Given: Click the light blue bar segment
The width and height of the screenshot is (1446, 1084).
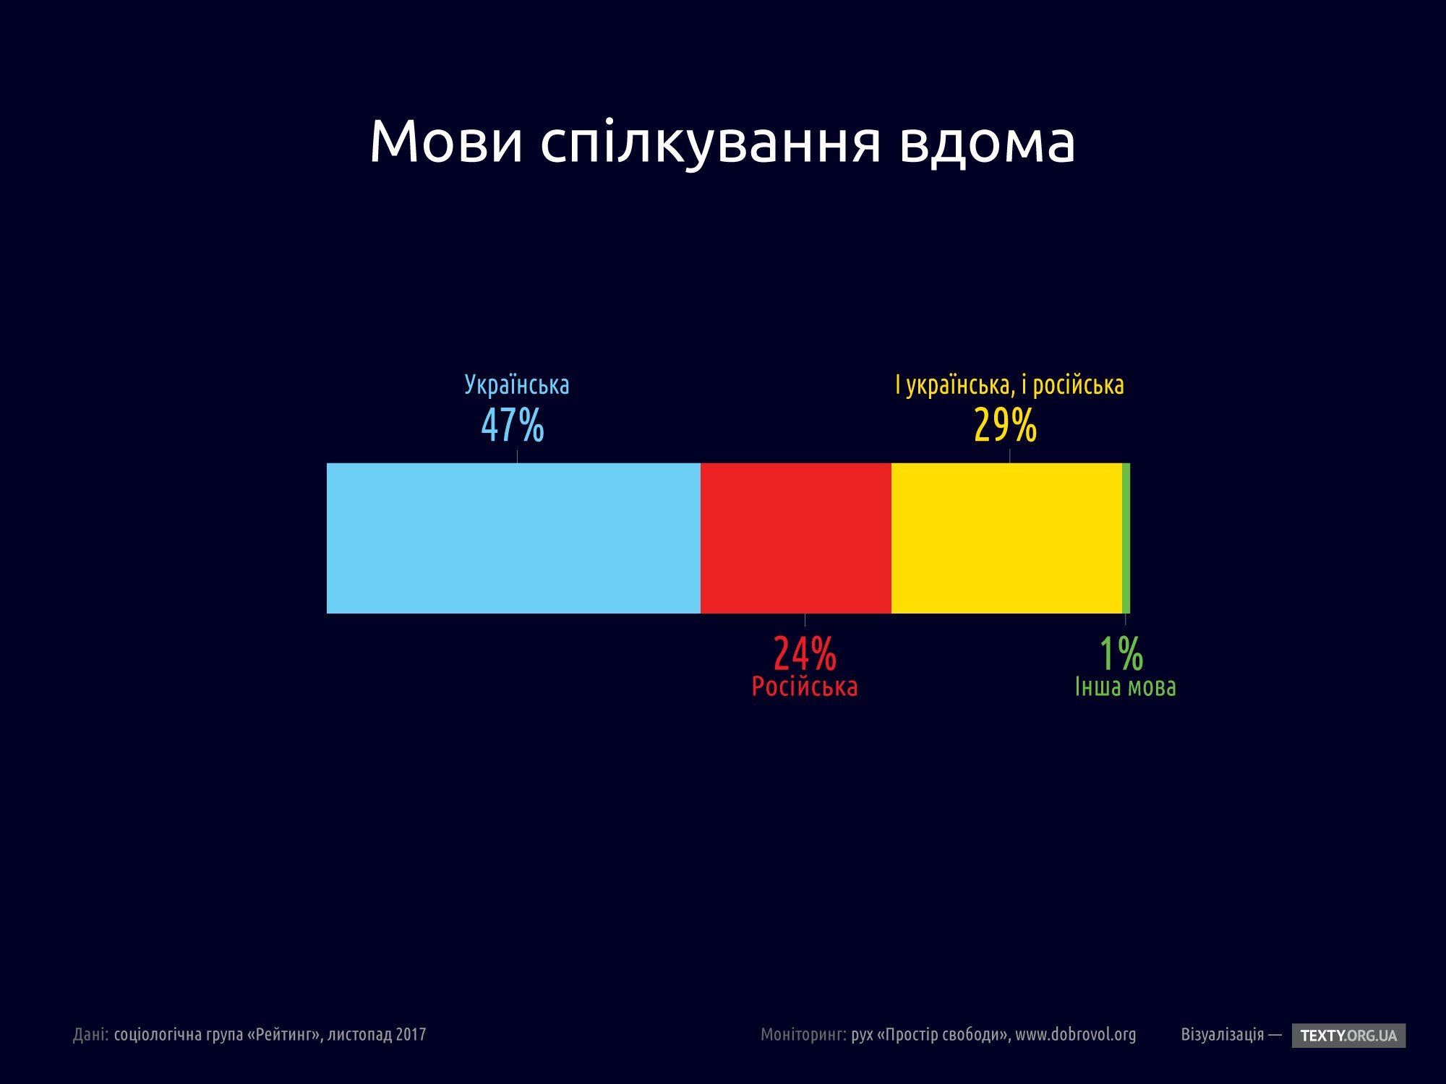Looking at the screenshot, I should (x=513, y=538).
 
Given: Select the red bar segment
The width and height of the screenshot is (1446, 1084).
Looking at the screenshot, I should (x=795, y=538).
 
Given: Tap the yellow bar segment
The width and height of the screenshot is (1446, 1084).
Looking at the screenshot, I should (x=1006, y=538).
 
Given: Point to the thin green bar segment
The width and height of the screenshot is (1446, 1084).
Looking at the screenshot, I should (x=1126, y=538).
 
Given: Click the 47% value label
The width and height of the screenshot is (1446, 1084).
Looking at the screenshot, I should (x=513, y=425).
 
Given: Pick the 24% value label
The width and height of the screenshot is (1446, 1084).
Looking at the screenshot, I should (x=805, y=653).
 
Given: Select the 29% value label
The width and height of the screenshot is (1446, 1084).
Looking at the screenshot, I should (x=1005, y=425).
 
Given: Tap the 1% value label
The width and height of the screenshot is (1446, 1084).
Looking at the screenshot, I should (x=1121, y=653).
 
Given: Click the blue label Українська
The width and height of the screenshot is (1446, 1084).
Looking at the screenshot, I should (x=517, y=384).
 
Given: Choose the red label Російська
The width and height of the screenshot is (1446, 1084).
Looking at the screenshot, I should (x=805, y=687).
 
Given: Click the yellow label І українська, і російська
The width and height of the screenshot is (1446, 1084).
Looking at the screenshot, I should (x=1009, y=384).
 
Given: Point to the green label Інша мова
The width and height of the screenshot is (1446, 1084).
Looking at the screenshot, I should (x=1126, y=687).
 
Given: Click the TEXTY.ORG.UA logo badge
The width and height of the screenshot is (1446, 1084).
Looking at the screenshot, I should (x=1348, y=1036).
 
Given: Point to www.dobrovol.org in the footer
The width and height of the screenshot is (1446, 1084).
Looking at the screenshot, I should (x=1075, y=1035).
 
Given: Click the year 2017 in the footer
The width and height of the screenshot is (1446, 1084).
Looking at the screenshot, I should (x=411, y=1035).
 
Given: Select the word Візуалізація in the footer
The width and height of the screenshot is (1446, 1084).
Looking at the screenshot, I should (x=1223, y=1035).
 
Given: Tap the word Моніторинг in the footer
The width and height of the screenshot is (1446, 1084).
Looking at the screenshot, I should (x=803, y=1035).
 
